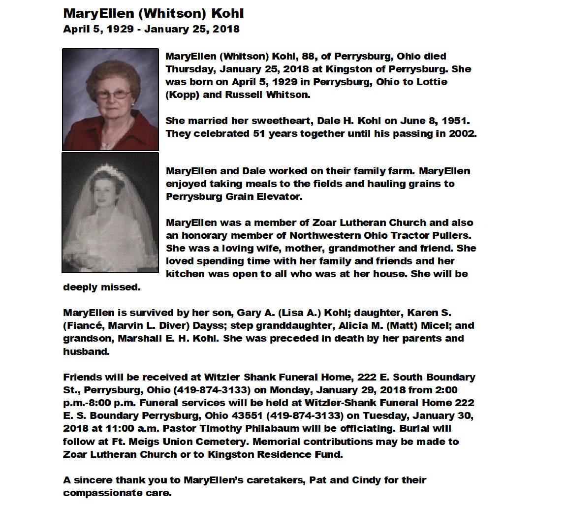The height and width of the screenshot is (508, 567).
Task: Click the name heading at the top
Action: (154, 13)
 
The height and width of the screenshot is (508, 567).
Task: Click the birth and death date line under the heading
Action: (151, 29)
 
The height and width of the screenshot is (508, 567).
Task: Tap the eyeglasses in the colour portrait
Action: (114, 94)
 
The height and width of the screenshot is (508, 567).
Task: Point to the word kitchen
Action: (185, 274)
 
